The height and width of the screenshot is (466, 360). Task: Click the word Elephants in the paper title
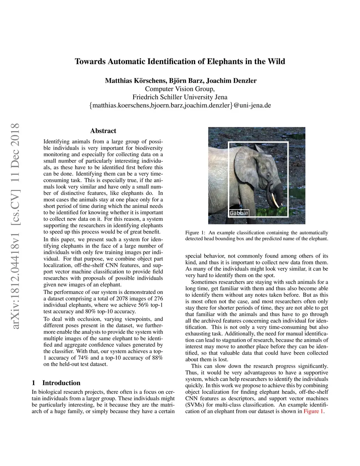click(224, 62)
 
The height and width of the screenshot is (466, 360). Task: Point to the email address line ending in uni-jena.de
click(180, 106)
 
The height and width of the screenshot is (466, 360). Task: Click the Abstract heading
click(103, 131)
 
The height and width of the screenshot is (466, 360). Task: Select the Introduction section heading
click(61, 383)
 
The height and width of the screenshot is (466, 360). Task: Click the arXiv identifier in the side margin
click(14, 226)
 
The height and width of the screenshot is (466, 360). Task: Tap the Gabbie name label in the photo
click(239, 213)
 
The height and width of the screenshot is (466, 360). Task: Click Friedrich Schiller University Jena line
click(180, 97)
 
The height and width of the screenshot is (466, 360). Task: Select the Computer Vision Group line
click(180, 89)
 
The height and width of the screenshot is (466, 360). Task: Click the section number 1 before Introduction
click(33, 383)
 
